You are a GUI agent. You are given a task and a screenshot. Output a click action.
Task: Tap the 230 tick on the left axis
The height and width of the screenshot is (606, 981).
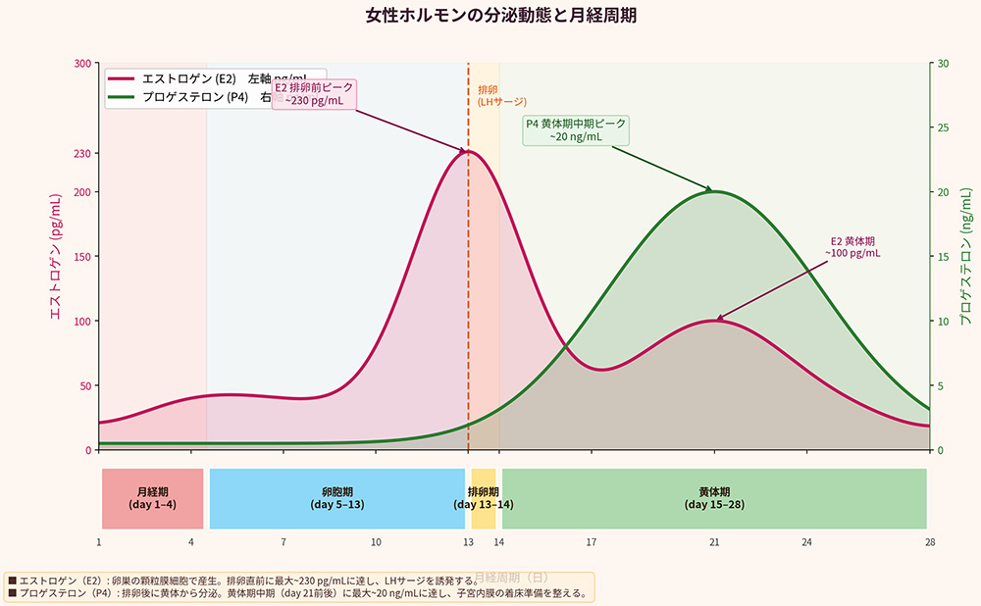83,153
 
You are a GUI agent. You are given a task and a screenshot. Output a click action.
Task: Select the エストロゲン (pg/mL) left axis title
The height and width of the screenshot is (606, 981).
56,257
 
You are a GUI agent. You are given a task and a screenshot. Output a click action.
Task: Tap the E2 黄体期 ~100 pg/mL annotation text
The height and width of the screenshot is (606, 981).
852,246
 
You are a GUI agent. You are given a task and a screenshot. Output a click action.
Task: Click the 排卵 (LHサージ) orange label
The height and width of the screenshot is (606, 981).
501,95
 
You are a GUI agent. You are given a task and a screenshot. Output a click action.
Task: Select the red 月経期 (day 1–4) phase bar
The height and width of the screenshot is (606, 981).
152,498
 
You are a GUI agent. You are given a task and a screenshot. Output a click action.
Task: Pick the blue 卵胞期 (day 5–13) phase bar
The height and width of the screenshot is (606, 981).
336,498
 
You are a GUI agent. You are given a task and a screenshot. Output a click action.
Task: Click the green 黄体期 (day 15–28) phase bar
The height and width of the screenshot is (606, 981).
714,498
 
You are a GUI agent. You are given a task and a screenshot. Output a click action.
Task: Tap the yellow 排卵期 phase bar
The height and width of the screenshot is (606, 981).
484,498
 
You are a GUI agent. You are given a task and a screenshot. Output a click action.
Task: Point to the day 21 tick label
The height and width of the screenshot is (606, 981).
714,542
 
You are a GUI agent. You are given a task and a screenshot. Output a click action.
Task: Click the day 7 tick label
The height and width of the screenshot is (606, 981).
284,542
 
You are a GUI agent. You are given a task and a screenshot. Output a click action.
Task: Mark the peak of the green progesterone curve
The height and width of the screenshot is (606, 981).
714,191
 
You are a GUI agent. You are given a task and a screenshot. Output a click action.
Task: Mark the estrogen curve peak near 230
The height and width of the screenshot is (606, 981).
467,151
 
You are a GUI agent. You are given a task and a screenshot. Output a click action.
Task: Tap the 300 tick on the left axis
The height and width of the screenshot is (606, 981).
83,63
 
